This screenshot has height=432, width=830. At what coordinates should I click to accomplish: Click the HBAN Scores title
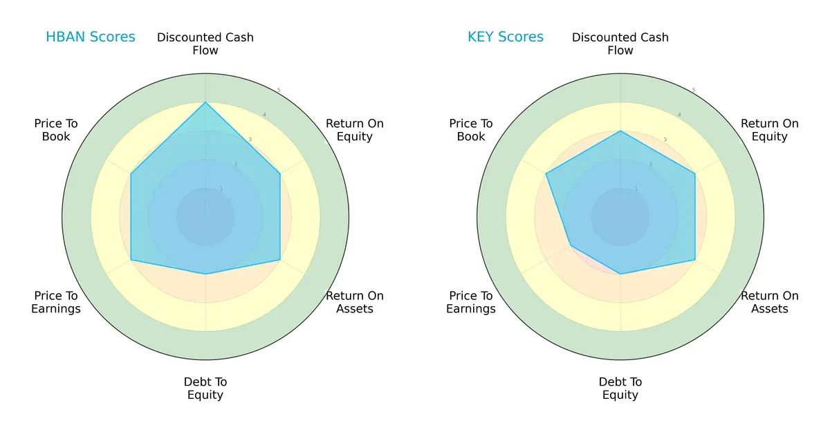click(90, 37)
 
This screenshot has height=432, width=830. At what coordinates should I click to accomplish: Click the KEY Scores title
click(505, 37)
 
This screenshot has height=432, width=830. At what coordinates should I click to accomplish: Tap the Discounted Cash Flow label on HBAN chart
click(205, 44)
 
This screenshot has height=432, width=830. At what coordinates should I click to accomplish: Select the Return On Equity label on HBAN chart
click(354, 130)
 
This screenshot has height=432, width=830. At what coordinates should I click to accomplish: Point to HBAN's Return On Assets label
click(354, 302)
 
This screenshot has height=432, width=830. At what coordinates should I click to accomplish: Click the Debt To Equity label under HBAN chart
click(205, 388)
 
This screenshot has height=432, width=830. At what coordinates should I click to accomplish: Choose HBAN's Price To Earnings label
click(56, 302)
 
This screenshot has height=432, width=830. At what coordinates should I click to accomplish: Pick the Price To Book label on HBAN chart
click(56, 130)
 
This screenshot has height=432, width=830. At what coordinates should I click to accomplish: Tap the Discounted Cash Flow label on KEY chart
click(620, 44)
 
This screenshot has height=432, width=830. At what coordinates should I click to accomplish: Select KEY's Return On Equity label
click(769, 130)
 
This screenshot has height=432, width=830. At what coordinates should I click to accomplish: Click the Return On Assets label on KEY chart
click(769, 302)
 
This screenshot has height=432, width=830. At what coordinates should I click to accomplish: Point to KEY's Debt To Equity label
click(620, 388)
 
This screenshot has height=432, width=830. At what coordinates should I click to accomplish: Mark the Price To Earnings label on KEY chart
click(471, 302)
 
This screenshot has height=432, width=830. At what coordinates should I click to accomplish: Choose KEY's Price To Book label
click(471, 130)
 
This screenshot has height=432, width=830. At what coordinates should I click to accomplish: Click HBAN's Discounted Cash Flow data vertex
click(205, 103)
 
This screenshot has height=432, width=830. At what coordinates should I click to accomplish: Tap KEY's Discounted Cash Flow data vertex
click(620, 131)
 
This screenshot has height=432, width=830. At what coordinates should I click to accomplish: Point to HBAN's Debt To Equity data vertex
click(205, 274)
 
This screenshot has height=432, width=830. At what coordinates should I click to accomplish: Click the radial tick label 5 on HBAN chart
click(279, 91)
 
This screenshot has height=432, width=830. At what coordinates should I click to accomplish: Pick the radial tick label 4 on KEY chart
click(679, 115)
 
